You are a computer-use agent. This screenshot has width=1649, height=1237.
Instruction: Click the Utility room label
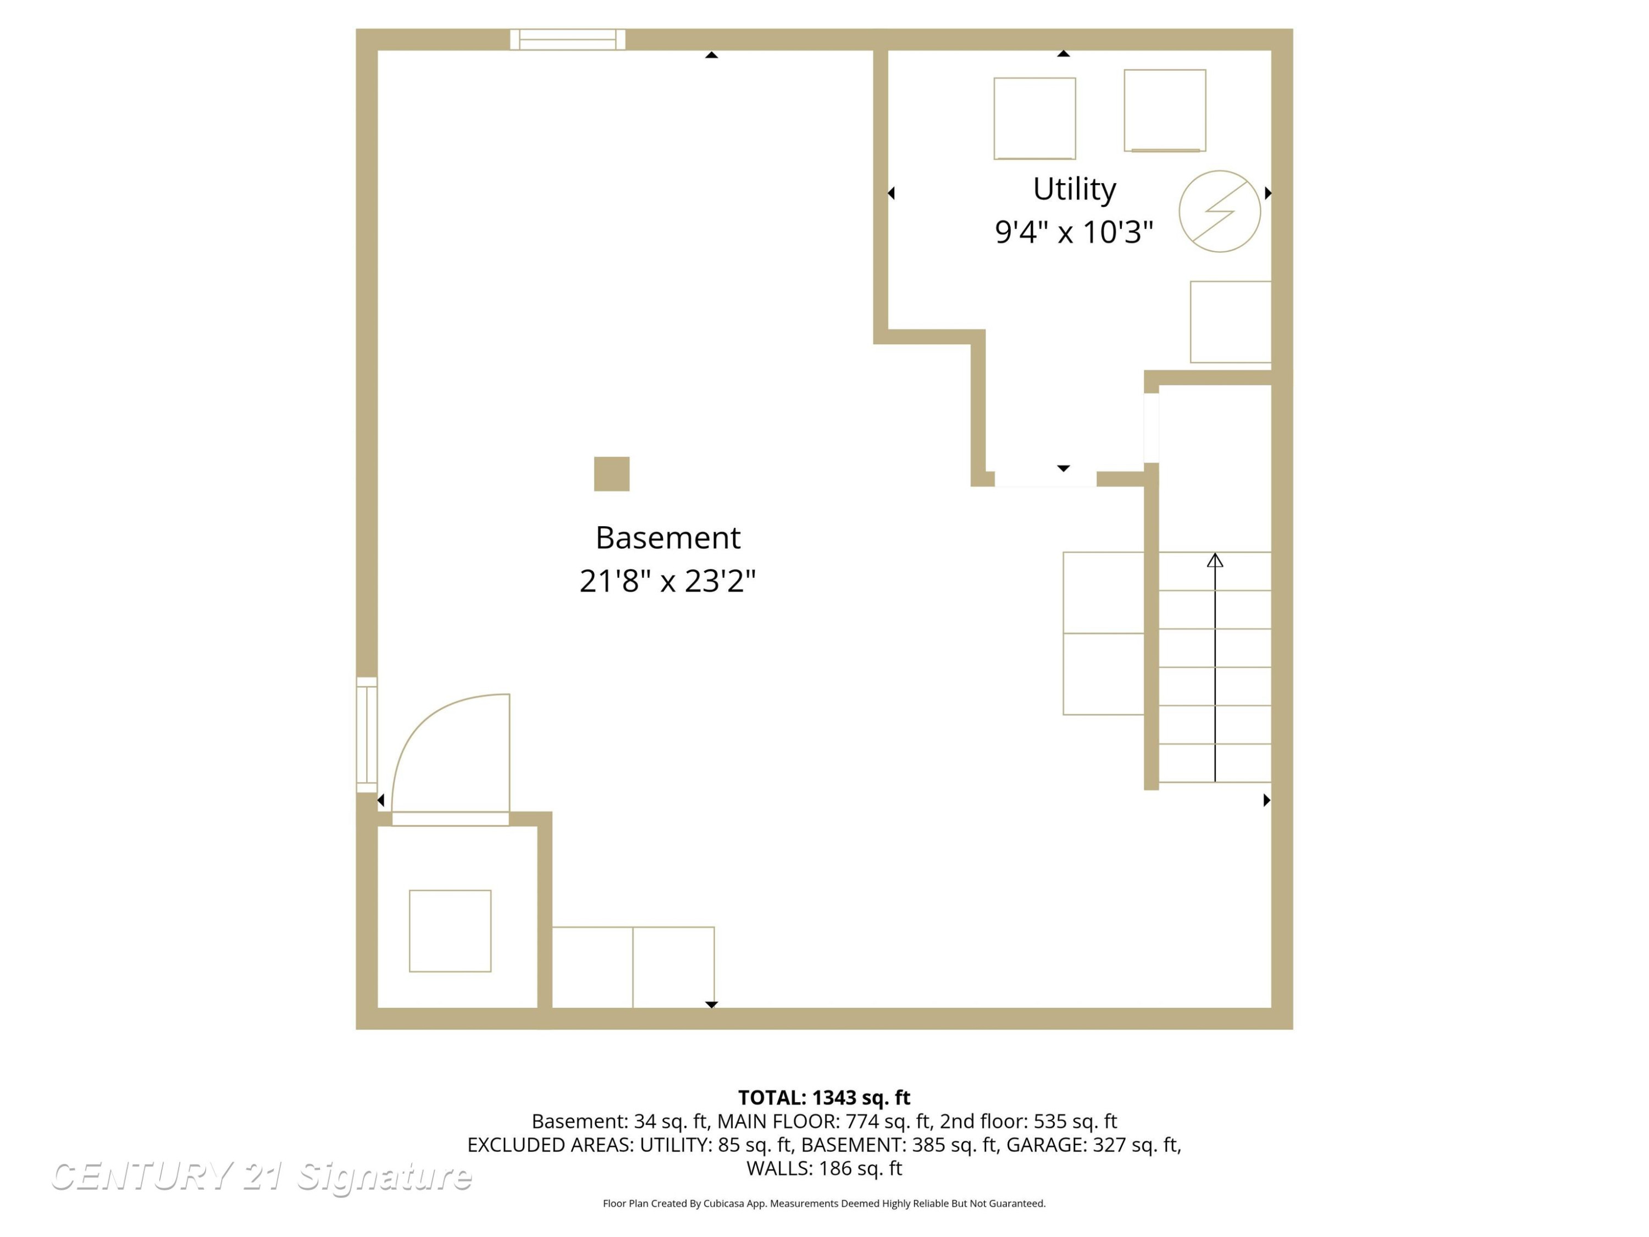pos(1073,189)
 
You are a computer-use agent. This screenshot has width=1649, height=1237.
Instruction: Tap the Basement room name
pos(667,538)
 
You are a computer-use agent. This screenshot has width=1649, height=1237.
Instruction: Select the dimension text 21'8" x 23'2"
pos(667,581)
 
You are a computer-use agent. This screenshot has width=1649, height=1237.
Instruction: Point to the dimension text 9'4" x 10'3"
pos(1073,232)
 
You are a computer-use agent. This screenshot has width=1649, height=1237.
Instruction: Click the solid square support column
pos(611,473)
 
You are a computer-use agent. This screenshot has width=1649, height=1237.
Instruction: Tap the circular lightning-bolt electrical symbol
pos(1220,211)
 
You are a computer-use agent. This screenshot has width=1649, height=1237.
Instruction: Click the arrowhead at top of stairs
pos(1215,559)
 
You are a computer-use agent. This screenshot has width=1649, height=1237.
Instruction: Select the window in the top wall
pos(567,40)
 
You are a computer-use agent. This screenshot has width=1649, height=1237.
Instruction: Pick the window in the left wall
pos(367,735)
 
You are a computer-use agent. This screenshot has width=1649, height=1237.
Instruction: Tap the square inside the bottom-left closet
pos(450,931)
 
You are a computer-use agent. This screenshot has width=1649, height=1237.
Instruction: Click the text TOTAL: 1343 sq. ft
pos(824,1097)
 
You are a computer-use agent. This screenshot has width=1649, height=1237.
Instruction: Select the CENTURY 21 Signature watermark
pos(261,1176)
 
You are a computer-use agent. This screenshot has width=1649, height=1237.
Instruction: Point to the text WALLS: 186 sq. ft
pos(824,1168)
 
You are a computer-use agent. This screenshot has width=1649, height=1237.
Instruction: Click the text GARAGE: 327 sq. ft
pos(1094,1145)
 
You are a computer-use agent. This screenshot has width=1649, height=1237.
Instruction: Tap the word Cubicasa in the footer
pos(724,1203)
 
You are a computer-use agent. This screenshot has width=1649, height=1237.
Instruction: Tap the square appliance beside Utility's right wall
pos(1231,322)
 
